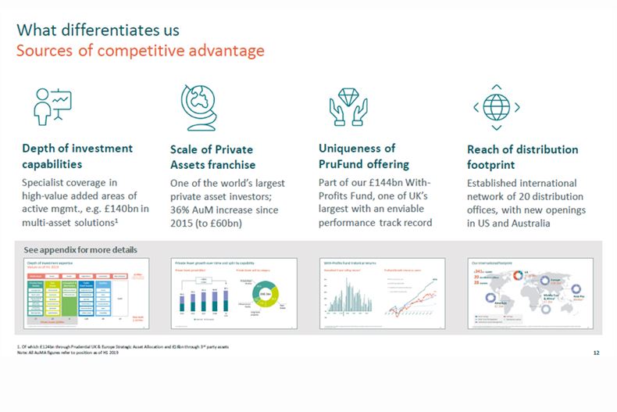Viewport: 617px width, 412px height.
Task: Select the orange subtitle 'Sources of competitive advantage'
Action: [x=141, y=52]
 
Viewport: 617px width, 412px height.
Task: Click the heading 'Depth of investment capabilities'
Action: [x=77, y=156]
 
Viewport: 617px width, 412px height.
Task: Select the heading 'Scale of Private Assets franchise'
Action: [x=212, y=157]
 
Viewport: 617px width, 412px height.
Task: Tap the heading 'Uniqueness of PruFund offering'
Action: [x=363, y=156]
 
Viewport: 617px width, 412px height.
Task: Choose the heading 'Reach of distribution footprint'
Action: [x=522, y=157]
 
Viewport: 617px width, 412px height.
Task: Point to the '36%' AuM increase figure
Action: [x=183, y=210]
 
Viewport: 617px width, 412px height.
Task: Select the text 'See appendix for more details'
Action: [x=80, y=250]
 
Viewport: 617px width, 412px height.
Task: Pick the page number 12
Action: [x=596, y=353]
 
